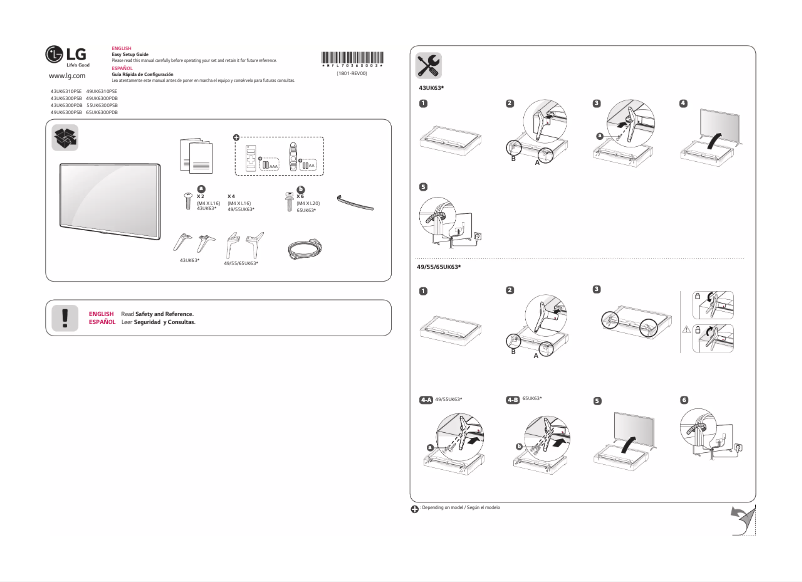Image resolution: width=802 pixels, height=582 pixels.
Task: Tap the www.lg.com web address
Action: point(67,76)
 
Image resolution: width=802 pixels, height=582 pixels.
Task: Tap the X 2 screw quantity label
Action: point(201,196)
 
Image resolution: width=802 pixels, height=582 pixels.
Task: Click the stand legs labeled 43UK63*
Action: point(191,241)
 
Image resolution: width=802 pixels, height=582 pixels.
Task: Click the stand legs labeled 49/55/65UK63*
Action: point(242,244)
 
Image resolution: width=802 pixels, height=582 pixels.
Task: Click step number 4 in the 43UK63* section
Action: point(683,104)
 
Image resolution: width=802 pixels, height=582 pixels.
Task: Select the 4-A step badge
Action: point(426,398)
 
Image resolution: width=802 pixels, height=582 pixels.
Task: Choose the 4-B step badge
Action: point(514,398)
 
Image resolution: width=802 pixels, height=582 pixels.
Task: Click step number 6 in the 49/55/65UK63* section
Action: point(683,400)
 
